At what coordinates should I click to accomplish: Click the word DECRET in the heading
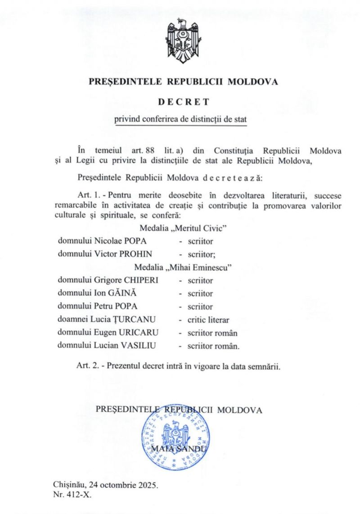pos(183,102)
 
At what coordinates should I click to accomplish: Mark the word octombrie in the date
pos(120,486)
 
